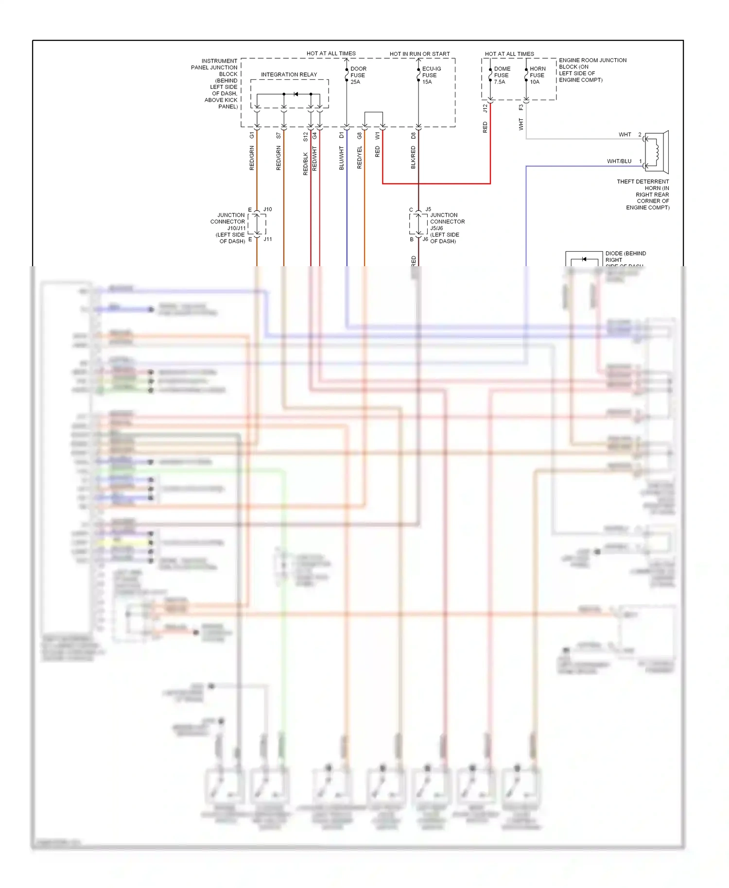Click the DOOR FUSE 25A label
[358, 75]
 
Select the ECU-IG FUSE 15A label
[431, 75]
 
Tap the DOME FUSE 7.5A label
[502, 75]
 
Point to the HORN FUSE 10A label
[537, 75]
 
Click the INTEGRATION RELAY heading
[289, 74]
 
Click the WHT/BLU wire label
[619, 161]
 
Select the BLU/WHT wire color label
[342, 158]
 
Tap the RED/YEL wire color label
[360, 158]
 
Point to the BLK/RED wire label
[414, 158]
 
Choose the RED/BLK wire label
[306, 164]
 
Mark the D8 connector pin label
[414, 136]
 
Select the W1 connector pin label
[378, 136]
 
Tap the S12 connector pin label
[306, 137]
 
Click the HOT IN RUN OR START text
[419, 54]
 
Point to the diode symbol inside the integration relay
[295, 94]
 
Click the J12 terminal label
[485, 108]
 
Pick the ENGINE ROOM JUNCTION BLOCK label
[592, 70]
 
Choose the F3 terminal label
[521, 107]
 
